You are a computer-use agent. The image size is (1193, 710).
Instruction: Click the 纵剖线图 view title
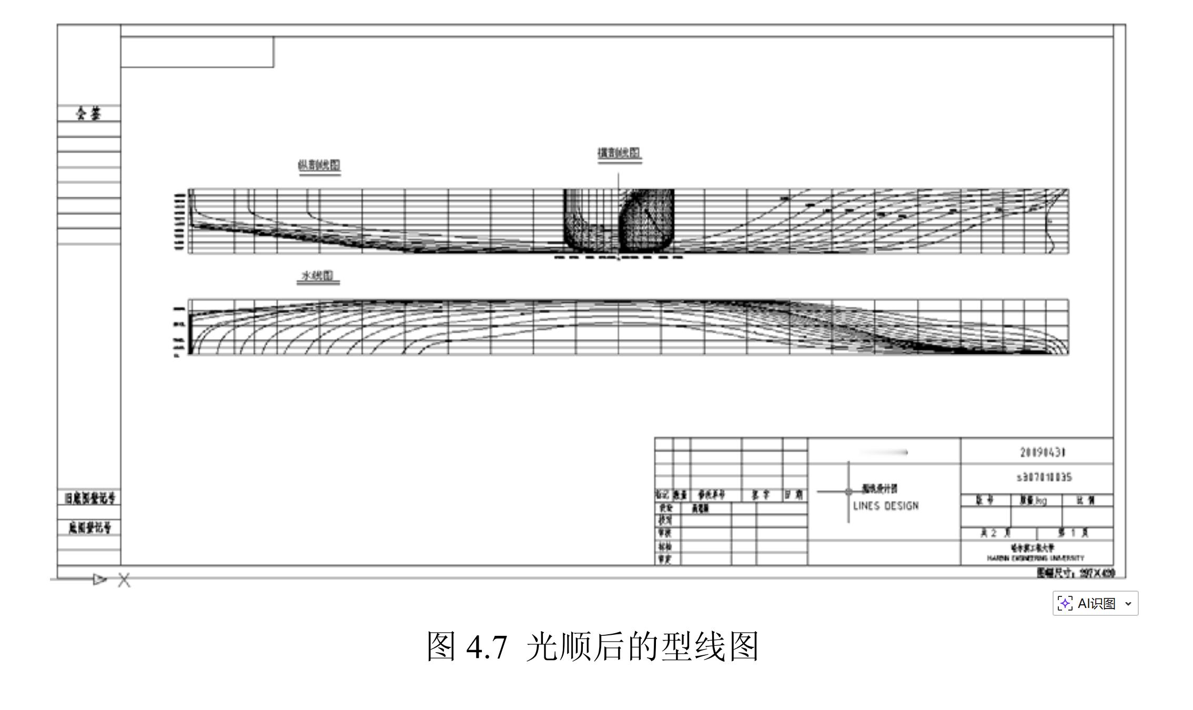click(x=319, y=165)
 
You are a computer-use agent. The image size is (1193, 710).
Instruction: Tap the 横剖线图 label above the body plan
click(x=619, y=153)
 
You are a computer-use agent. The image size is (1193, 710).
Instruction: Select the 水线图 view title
click(x=318, y=276)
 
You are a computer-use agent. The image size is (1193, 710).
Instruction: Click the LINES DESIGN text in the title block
click(x=886, y=506)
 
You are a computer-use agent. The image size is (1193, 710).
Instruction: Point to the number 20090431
click(x=1043, y=452)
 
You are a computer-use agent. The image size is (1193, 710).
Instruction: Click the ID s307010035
click(x=1044, y=477)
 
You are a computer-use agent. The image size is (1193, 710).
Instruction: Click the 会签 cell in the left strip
click(x=89, y=113)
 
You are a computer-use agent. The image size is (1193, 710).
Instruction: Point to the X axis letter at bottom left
click(x=124, y=580)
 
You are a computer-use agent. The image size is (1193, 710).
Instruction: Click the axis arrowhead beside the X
click(x=99, y=580)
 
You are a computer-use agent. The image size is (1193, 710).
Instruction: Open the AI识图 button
click(x=1095, y=603)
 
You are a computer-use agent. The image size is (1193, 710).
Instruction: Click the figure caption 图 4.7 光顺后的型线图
click(x=592, y=646)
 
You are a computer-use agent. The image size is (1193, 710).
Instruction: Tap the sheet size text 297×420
click(x=1097, y=573)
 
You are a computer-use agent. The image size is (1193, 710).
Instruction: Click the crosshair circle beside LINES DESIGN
click(x=848, y=492)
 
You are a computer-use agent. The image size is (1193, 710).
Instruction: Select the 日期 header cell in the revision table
click(x=794, y=495)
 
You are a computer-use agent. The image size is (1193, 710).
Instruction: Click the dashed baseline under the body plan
click(x=619, y=258)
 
